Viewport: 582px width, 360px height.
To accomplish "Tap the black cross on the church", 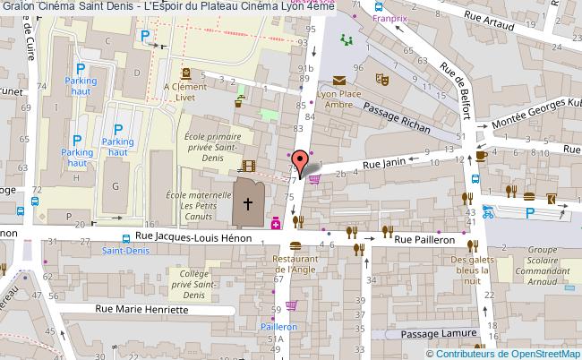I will tap(248, 205).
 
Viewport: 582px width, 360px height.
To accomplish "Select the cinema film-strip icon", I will tap(248, 167).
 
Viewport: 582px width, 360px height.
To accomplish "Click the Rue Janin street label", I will tap(383, 164).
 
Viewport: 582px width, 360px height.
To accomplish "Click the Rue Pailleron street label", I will tap(432, 241).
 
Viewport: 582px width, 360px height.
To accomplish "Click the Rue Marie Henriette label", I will tap(143, 309).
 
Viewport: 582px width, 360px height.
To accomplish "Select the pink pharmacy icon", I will tap(277, 222).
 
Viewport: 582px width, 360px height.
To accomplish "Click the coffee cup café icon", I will tap(482, 154).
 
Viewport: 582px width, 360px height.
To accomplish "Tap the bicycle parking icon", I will tap(487, 212).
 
